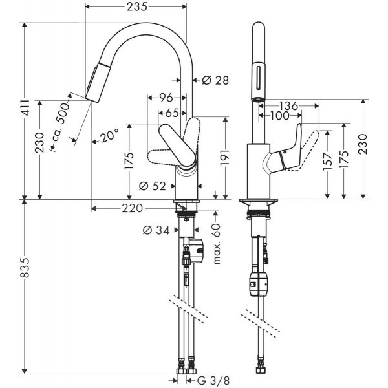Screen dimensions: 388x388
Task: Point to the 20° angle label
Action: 109,136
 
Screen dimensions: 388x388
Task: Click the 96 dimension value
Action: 166,98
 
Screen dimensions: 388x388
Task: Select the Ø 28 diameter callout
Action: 215,80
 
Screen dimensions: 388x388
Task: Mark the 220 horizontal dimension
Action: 133,208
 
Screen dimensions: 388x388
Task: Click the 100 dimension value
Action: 280,116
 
